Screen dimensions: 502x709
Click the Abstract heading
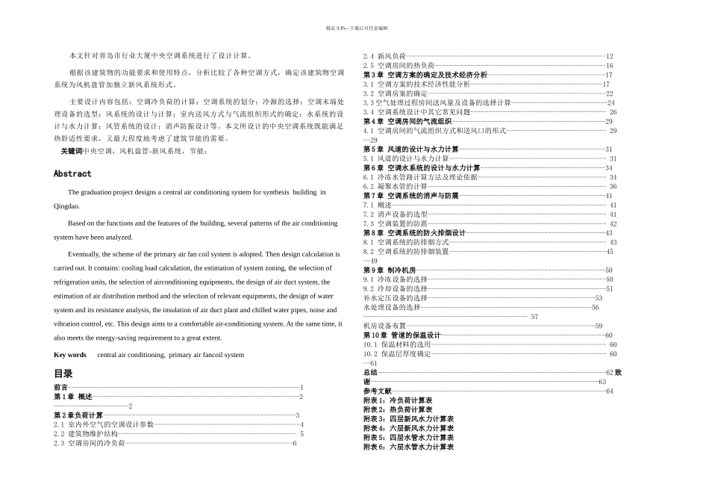tap(72, 173)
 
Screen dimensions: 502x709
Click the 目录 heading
tap(63, 374)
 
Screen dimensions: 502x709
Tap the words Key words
tap(70, 355)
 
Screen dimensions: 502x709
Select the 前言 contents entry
tap(60, 388)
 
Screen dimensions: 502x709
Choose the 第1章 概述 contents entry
tap(73, 397)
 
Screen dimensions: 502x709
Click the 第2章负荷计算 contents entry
tap(78, 415)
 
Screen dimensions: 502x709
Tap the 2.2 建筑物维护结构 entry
tap(85, 433)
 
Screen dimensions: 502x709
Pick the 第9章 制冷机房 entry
tap(389, 270)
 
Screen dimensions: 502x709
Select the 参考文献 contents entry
tap(378, 391)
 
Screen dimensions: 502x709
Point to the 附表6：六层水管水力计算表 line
tap(408, 447)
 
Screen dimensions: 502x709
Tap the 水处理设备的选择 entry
tap(392, 307)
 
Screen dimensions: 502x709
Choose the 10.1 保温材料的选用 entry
tap(397, 344)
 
